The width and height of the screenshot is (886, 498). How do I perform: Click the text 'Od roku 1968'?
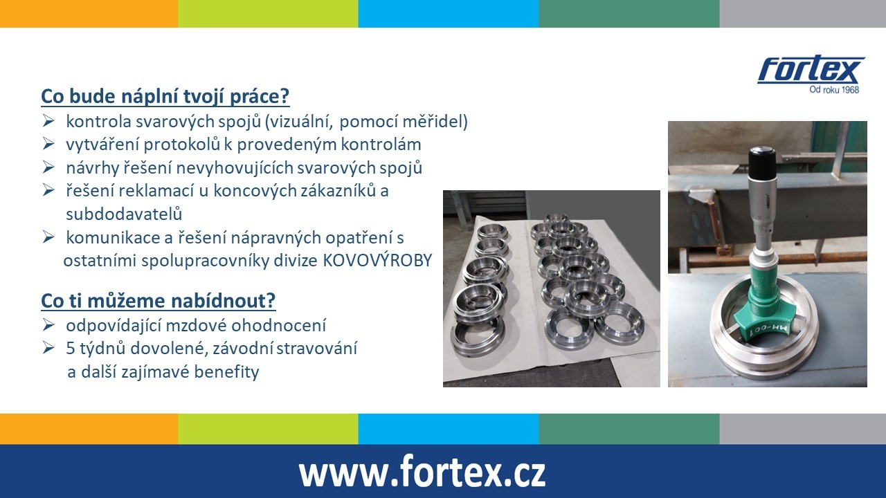point(834,90)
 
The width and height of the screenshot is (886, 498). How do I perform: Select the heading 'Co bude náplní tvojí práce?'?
point(165,96)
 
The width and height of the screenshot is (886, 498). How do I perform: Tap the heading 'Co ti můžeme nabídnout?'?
point(159,301)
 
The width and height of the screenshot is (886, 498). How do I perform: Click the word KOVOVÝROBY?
point(377,261)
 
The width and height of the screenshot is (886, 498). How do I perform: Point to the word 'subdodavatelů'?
point(124,214)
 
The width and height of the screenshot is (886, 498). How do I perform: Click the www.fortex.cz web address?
point(422,472)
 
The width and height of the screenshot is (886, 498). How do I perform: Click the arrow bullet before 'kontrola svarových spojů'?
point(48,120)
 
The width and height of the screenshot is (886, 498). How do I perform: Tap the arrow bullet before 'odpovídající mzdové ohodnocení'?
point(48,325)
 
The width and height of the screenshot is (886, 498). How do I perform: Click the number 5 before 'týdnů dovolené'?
point(71,349)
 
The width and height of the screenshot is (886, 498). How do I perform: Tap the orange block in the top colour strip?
point(89,14)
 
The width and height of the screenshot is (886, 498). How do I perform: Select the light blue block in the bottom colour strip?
point(449,430)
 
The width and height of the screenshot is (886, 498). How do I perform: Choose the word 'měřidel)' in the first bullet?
point(435,121)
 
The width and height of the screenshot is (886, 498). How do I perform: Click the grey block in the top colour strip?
point(802,14)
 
